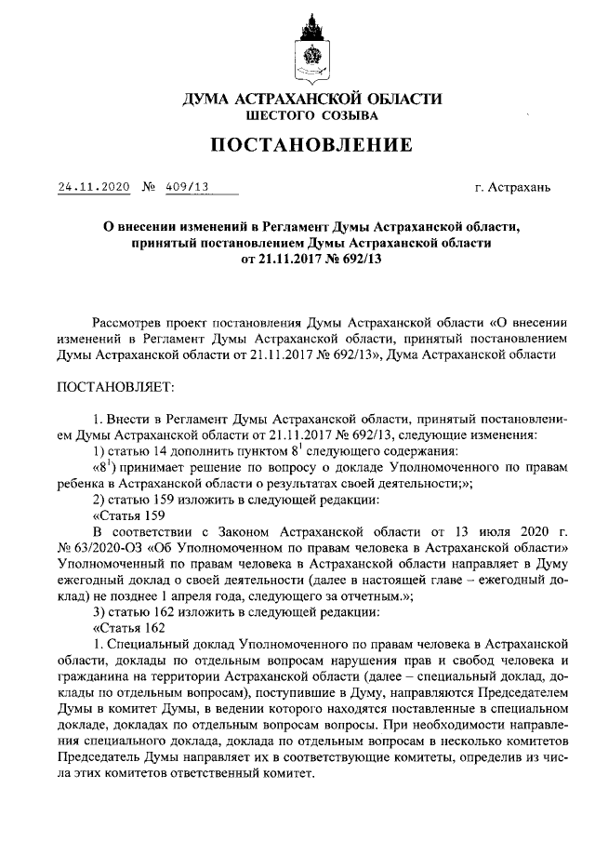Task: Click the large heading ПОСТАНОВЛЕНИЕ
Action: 297,145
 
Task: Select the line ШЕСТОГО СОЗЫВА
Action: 297,116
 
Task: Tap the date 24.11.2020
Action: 93,186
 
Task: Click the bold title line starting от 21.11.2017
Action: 297,260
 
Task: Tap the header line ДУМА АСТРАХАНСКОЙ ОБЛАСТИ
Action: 297,98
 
